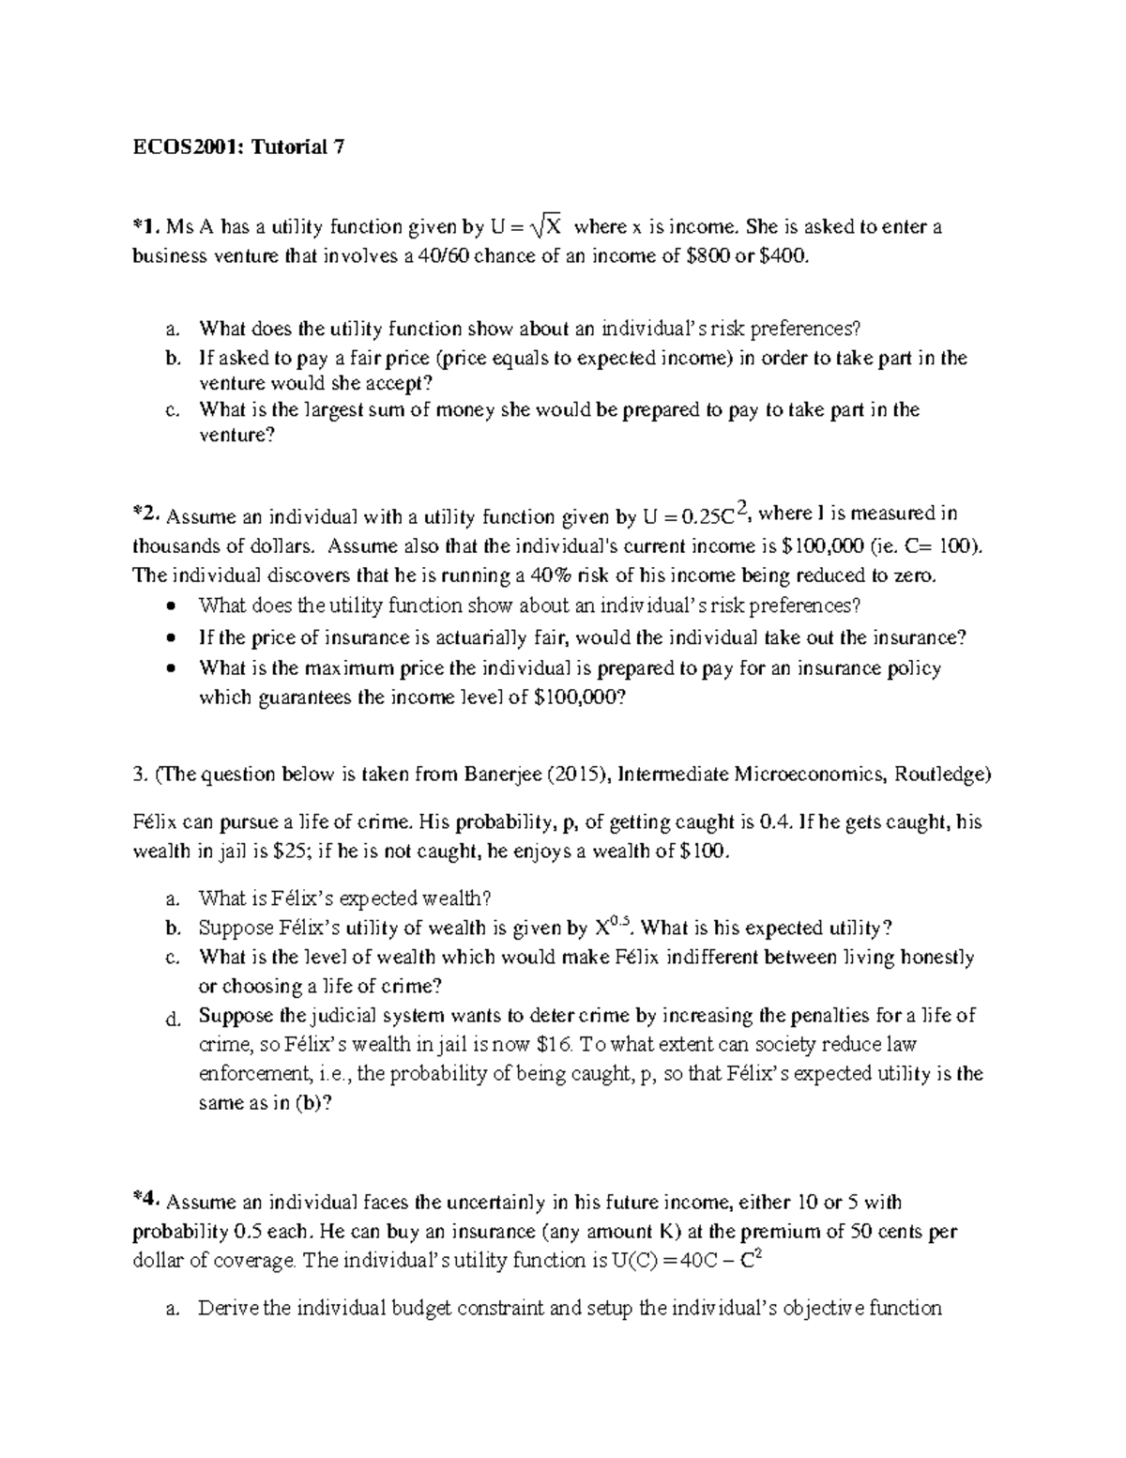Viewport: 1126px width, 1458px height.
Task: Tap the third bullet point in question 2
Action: pyautogui.click(x=170, y=669)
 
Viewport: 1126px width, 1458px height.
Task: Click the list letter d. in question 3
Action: pyautogui.click(x=171, y=1019)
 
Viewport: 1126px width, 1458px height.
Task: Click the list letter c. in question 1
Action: pyautogui.click(x=170, y=411)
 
